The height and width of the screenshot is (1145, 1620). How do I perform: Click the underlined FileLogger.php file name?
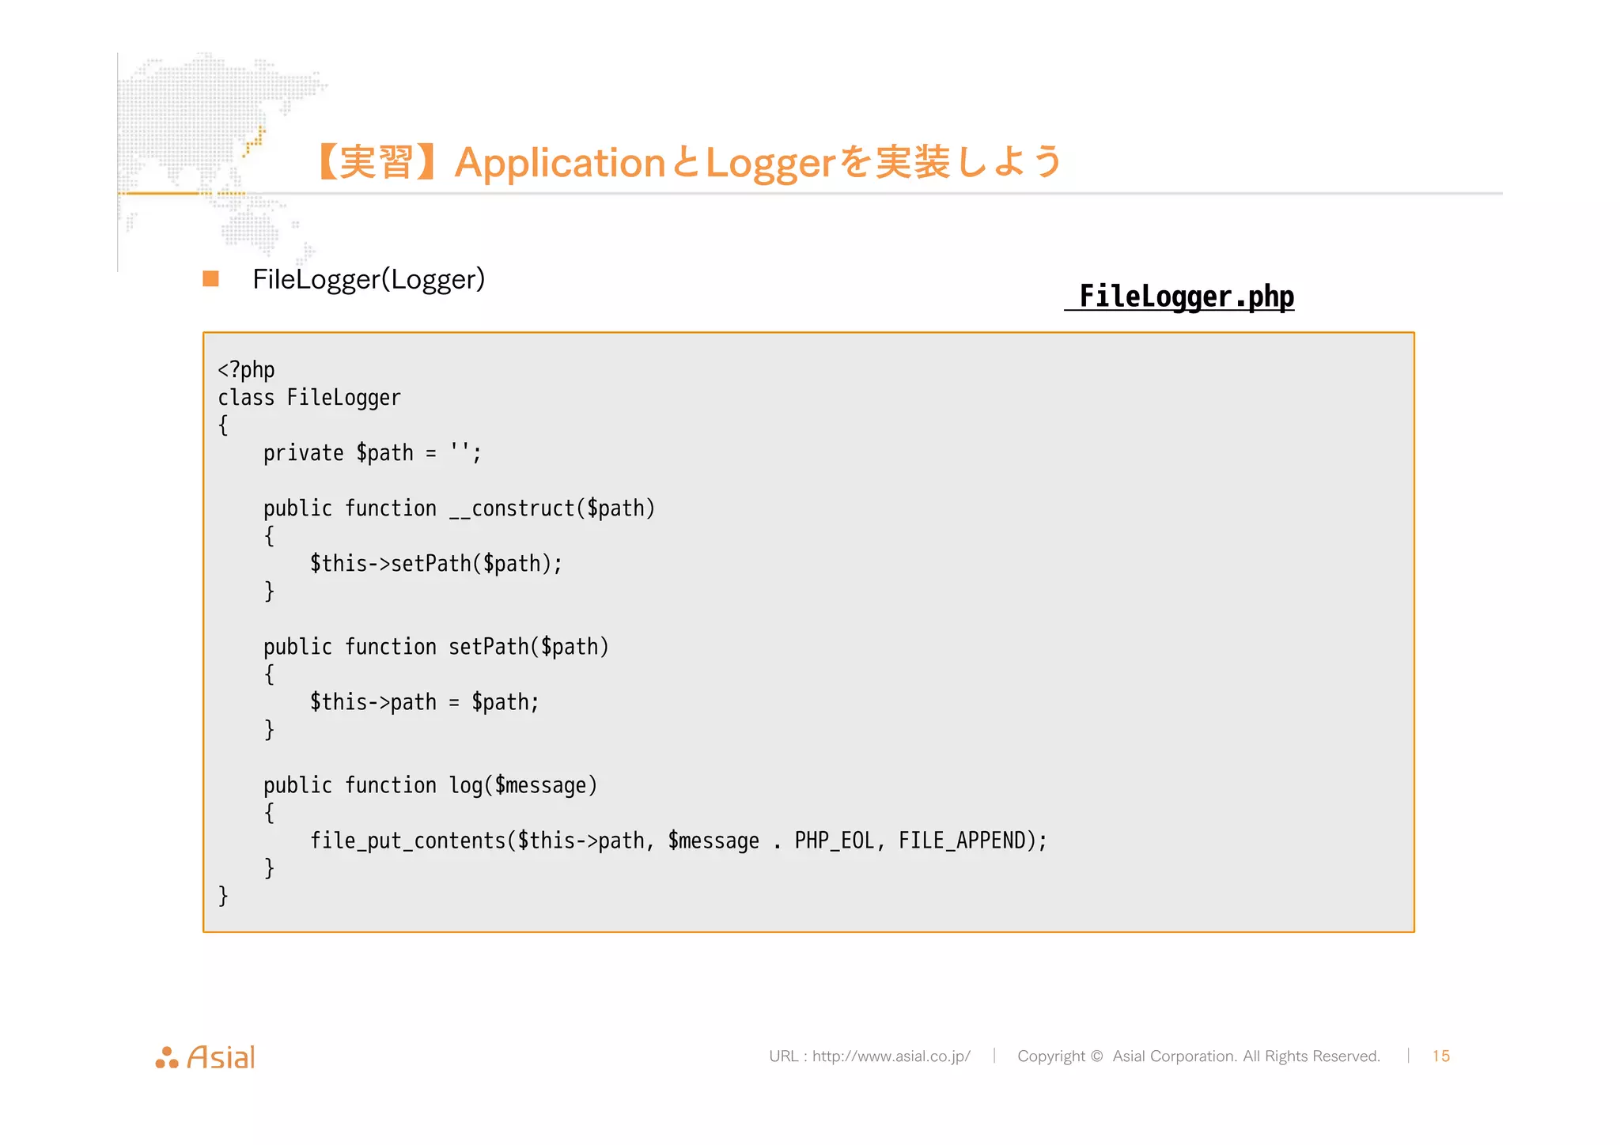point(1186,297)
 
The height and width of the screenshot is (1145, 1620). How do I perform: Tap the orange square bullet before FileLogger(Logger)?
point(210,278)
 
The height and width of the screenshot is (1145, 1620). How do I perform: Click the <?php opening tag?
point(246,369)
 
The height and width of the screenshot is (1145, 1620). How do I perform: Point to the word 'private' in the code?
point(303,453)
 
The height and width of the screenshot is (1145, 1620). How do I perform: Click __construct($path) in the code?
point(552,508)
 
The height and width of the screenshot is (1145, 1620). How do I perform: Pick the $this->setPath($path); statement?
point(436,564)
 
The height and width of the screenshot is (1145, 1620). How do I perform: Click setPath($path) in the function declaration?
point(528,647)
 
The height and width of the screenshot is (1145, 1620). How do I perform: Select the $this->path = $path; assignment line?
point(424,702)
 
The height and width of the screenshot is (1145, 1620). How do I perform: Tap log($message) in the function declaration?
point(523,785)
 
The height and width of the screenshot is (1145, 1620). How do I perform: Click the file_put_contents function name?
point(407,841)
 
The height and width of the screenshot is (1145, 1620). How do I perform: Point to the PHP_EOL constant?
point(834,841)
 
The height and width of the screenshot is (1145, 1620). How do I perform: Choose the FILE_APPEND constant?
point(961,841)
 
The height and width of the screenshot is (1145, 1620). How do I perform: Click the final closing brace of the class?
point(223,896)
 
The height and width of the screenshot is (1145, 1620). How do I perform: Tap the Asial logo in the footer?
point(206,1057)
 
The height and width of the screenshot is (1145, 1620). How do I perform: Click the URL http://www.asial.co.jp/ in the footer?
point(891,1056)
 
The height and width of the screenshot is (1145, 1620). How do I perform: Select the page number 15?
point(1440,1056)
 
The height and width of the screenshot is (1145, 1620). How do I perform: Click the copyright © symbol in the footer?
point(1096,1056)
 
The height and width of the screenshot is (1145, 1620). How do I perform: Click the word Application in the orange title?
point(560,163)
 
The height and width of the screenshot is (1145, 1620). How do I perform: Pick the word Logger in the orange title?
point(770,163)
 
